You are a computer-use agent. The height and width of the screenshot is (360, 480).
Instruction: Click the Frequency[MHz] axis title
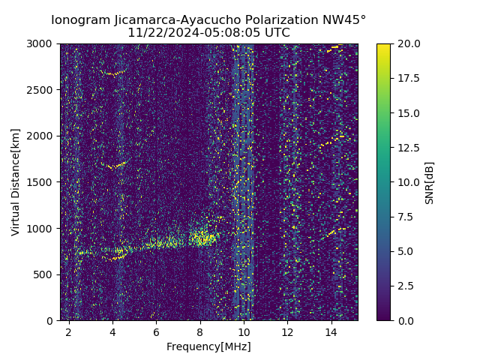[208, 346]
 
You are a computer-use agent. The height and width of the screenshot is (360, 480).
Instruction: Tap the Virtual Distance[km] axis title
[16, 182]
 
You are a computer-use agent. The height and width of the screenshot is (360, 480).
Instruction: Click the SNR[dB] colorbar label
[430, 182]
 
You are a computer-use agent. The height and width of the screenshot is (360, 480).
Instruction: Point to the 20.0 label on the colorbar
[408, 44]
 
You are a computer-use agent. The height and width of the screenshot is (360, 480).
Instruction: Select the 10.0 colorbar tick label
[408, 182]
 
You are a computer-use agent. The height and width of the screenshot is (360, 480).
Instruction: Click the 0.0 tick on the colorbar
[406, 320]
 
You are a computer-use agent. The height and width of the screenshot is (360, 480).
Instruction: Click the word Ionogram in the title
[80, 20]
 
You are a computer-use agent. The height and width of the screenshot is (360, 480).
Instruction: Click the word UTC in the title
[276, 33]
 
